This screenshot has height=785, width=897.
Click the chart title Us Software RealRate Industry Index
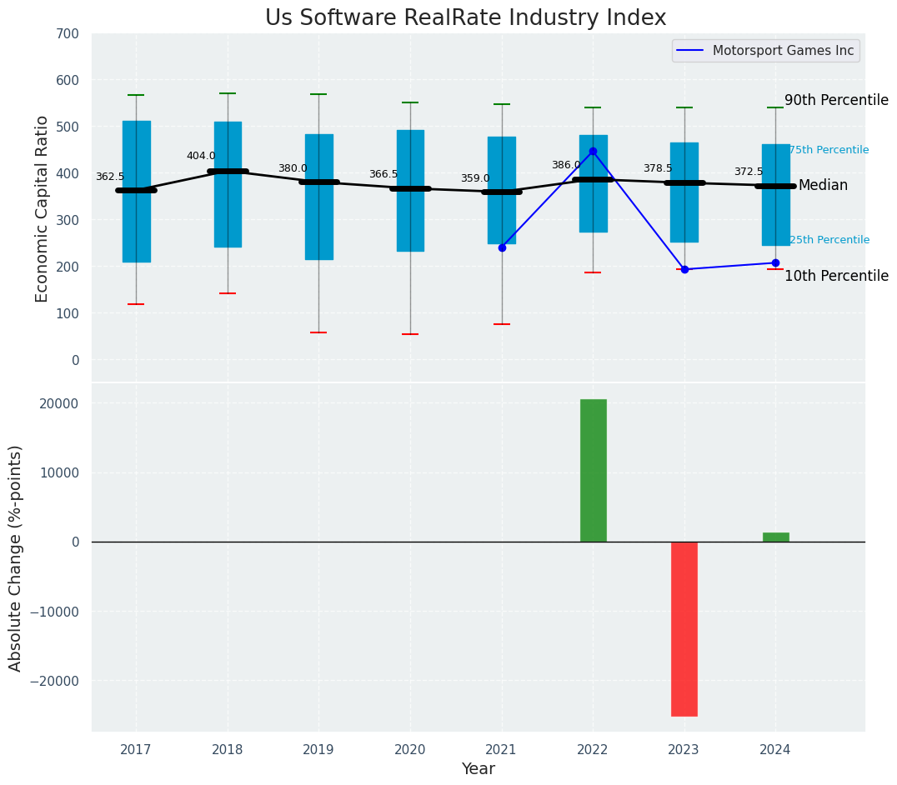point(465,18)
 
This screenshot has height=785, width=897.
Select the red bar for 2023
point(684,628)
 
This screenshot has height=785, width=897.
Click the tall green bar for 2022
point(593,471)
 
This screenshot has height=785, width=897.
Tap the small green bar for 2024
point(775,537)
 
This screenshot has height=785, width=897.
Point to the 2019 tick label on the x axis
point(318,750)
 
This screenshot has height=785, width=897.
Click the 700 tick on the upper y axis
point(68,34)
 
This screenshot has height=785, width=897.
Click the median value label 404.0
point(201,156)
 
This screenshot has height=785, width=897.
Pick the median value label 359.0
point(475,178)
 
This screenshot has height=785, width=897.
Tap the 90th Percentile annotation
point(836,100)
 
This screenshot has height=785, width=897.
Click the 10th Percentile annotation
point(836,276)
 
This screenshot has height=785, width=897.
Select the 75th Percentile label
point(829,150)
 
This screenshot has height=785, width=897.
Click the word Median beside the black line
point(823,185)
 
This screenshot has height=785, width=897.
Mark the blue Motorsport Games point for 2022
point(593,152)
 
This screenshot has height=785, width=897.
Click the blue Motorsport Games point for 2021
point(502,247)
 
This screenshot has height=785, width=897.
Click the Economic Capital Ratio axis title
point(43,208)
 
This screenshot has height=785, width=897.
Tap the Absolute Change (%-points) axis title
point(16,557)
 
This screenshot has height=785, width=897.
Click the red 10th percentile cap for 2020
point(410,334)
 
